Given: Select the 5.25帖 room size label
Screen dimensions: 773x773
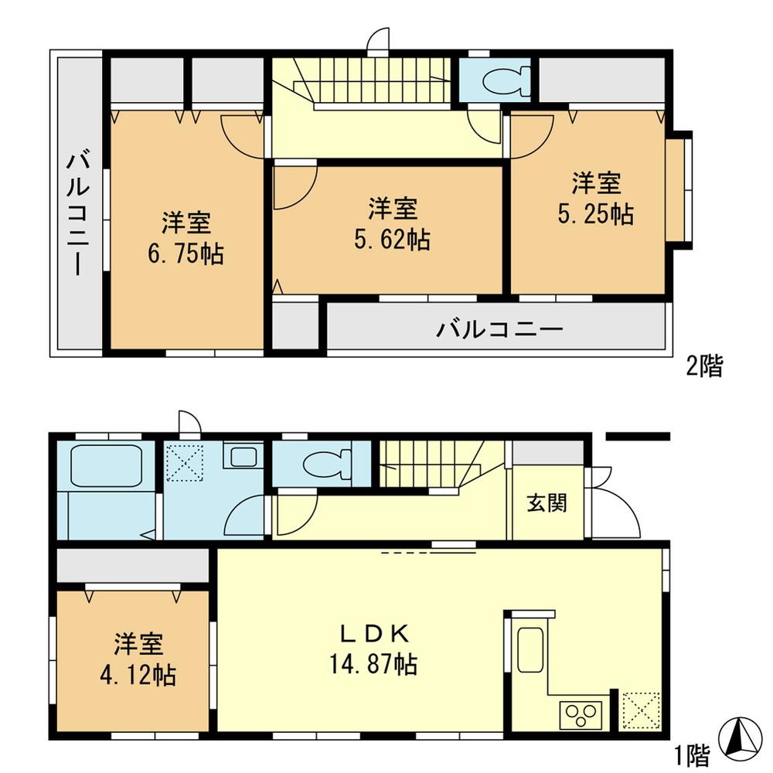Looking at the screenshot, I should pyautogui.click(x=596, y=214).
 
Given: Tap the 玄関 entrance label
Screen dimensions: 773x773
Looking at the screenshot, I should pyautogui.click(x=547, y=503).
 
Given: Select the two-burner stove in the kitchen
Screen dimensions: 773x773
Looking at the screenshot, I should pyautogui.click(x=579, y=713).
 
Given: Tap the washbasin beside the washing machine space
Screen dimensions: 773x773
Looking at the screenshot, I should pyautogui.click(x=243, y=457).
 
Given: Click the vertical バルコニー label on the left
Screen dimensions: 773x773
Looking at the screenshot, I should pyautogui.click(x=78, y=213).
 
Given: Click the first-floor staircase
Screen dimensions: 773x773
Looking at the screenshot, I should pyautogui.click(x=429, y=461).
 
